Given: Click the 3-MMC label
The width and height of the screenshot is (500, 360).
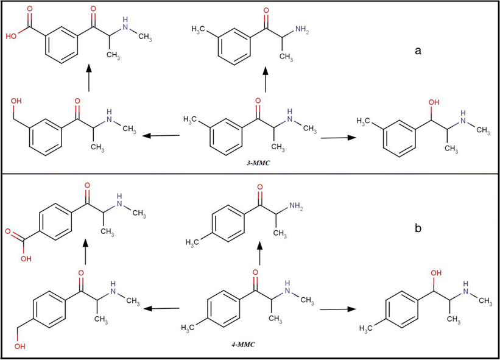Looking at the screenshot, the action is [258, 163].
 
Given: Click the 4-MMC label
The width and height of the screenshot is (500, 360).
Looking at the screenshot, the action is [244, 344].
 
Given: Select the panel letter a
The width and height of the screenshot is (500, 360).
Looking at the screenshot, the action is [418, 51].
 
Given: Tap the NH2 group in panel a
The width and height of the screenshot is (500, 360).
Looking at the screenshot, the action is [302, 30].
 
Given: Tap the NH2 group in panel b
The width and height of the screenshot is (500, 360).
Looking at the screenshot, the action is [296, 206].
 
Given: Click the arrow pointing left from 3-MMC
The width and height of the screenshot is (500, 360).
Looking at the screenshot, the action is [161, 136].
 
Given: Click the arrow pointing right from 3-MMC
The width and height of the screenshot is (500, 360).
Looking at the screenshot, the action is [339, 138].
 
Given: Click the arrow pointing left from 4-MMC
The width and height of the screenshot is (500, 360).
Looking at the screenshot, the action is [161, 308].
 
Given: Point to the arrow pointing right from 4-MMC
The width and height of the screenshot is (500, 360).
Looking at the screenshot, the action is [338, 309].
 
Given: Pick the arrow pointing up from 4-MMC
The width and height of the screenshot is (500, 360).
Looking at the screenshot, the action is [259, 253].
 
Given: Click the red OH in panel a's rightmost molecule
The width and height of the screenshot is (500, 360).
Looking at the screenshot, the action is [434, 102].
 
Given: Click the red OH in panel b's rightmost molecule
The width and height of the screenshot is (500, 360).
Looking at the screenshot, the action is [436, 273].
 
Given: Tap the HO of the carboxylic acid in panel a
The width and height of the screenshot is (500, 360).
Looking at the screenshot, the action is [11, 36].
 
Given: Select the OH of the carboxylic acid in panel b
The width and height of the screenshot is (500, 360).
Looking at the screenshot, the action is [26, 259].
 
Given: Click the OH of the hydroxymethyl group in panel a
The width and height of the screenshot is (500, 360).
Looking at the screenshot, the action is [16, 101].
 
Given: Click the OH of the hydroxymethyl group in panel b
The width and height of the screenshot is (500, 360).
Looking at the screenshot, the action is [19, 346].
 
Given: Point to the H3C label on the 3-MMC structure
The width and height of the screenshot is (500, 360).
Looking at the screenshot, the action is [190, 120].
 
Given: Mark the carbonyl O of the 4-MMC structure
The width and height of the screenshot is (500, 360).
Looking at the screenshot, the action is [255, 272].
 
